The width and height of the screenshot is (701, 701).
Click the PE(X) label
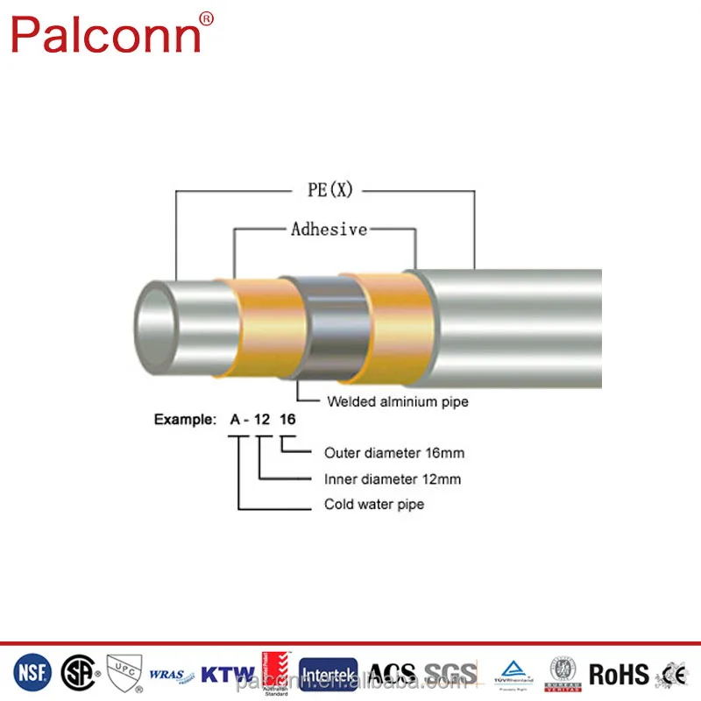329,189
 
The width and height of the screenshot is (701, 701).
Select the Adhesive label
329,230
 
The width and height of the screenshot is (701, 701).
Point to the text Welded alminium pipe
398,402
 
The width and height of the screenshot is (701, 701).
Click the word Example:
185,420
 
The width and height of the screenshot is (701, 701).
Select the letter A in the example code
235,420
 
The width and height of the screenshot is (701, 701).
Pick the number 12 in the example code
262,420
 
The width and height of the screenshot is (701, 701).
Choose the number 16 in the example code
287,420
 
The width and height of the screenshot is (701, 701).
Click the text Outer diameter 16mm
394,453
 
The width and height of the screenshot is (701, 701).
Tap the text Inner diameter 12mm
393,479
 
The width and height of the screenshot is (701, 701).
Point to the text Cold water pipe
374,505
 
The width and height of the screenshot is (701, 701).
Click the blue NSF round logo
32,672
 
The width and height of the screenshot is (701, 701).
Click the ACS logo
391,673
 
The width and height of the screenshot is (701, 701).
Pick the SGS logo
451,673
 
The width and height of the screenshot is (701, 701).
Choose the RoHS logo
619,674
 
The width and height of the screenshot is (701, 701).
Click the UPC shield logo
122,673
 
